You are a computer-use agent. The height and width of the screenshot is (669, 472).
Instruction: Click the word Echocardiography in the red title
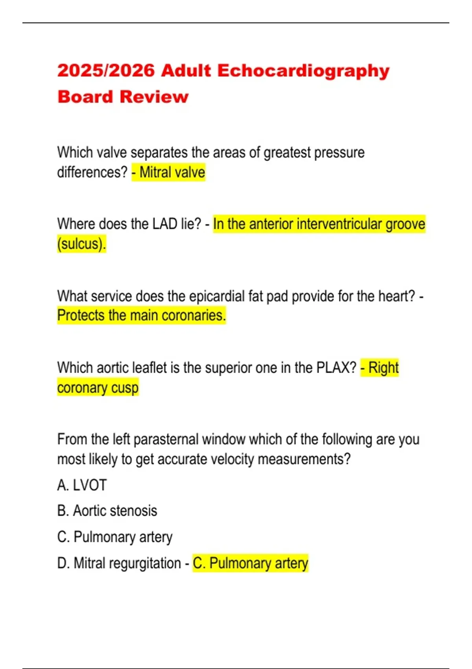point(303,71)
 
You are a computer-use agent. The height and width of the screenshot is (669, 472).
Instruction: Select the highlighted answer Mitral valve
point(172,172)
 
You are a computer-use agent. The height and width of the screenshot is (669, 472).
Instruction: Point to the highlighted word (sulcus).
point(81,244)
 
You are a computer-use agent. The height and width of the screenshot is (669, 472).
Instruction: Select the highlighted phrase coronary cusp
point(98,388)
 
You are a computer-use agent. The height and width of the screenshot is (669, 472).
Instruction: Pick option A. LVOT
point(82,485)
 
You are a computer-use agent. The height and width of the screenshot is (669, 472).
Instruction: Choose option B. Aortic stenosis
point(107,511)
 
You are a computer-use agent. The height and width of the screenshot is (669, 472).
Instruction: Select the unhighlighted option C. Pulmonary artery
point(115,537)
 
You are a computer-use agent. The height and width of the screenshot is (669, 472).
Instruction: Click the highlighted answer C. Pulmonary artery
point(250,563)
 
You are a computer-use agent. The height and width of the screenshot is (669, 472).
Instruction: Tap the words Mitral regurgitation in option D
point(127,563)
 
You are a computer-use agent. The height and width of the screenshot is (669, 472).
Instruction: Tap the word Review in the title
point(154,97)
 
